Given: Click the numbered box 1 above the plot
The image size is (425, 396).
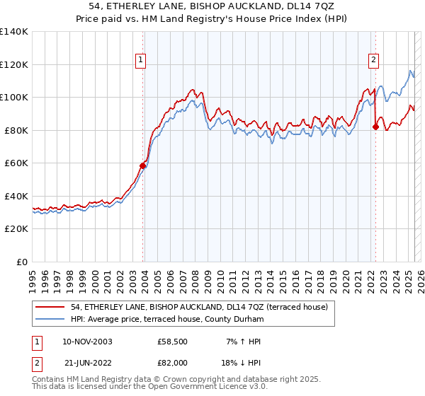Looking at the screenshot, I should pos(142,61).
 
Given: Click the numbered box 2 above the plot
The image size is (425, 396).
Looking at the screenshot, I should pos(373,61).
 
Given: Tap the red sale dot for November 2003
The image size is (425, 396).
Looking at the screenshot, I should pos(143,165).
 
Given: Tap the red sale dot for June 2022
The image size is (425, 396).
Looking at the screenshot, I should pos(375,127).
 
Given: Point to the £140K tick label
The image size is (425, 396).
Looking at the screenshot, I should pos(14,32).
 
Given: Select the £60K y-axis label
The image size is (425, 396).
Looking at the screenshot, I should pos(16,163).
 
